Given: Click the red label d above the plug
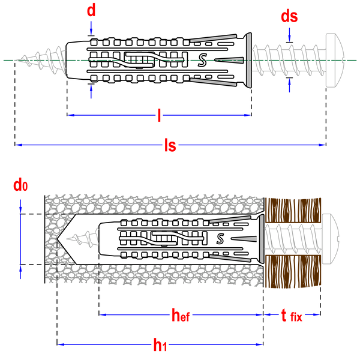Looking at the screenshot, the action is (x=91, y=11).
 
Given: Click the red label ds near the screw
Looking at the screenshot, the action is (x=289, y=16).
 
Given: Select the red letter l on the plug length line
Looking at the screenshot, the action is (x=159, y=115).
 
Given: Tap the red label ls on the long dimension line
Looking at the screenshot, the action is (x=170, y=145).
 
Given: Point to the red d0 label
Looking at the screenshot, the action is (x=20, y=185).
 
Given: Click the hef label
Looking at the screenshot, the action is (x=181, y=315).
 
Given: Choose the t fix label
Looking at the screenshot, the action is (x=292, y=316).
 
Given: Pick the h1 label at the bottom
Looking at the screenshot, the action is (x=160, y=345).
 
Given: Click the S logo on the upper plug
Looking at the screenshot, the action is (x=202, y=60).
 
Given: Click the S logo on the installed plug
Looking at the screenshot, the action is (x=220, y=239).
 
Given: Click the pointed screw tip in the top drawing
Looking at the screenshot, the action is (x=17, y=60).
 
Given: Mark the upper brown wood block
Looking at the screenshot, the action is (x=293, y=211).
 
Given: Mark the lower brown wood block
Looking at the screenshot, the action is (x=293, y=271).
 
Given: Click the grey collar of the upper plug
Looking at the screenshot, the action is (x=248, y=60).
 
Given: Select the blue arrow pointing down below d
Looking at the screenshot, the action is (x=91, y=28).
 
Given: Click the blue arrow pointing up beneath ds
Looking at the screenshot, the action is (x=289, y=85).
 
